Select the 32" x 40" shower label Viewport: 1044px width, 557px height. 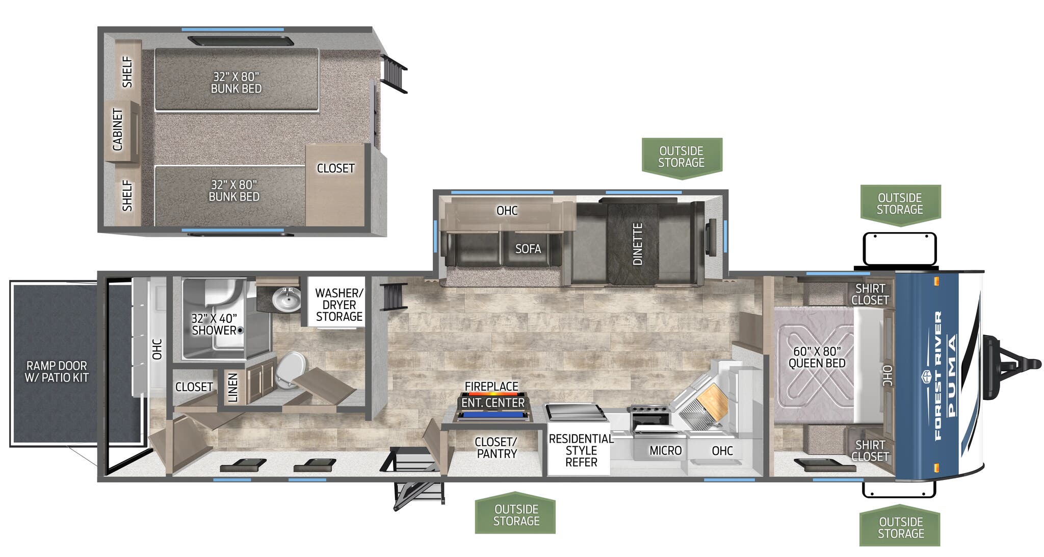pos(214,324)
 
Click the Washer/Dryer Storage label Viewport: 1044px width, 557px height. pos(339,305)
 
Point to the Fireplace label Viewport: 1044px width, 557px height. pos(491,386)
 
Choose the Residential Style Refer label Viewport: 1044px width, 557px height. pos(581,450)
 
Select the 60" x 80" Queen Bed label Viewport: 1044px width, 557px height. pos(817,357)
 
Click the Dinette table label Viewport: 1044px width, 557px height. pos(637,244)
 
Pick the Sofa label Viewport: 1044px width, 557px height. pos(528,249)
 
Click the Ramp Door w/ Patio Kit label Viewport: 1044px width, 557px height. pos(57,372)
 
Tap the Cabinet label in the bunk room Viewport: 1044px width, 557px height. pos(118,130)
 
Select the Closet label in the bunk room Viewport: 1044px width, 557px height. pos(335,168)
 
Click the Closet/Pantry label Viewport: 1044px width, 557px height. pos(496,447)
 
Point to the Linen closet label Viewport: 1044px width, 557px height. pos(233,388)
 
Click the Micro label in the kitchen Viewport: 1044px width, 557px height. pos(665,450)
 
